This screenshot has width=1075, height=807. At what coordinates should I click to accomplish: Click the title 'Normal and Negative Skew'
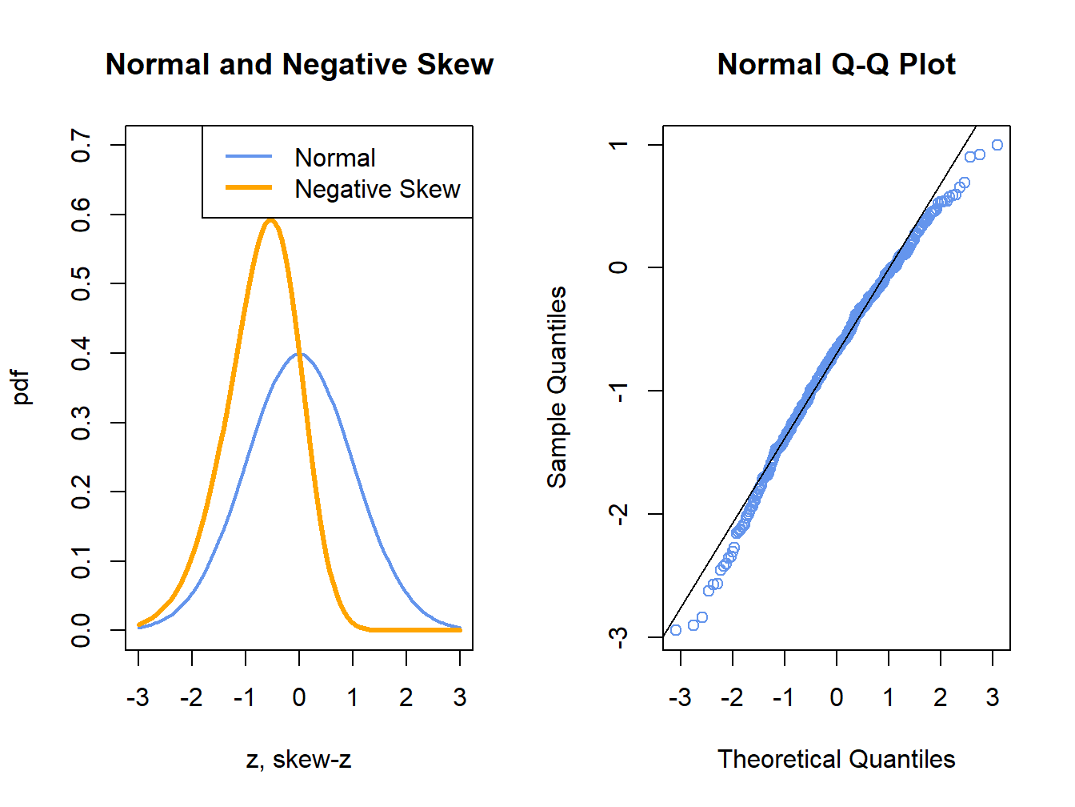(299, 65)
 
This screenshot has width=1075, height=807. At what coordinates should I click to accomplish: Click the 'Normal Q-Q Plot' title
(836, 65)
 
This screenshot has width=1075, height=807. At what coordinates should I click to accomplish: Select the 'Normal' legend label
(334, 158)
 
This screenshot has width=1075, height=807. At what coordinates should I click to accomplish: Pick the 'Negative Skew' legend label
(377, 189)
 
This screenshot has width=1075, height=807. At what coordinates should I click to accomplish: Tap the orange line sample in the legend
(249, 188)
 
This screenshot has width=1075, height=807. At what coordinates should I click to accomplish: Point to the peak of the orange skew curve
(271, 220)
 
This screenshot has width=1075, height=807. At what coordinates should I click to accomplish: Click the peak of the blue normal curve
(299, 353)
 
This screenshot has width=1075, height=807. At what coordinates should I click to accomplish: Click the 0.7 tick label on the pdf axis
(81, 145)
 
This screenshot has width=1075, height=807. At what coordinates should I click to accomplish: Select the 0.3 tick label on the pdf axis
(81, 423)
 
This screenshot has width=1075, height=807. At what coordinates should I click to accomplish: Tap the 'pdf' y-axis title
(22, 387)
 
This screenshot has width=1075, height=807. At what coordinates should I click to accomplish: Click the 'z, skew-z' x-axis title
(298, 759)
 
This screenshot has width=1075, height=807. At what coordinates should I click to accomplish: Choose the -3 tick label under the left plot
(138, 698)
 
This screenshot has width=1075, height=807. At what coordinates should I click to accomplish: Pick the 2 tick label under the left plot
(406, 698)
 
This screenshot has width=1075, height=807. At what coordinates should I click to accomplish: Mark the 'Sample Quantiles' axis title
(557, 387)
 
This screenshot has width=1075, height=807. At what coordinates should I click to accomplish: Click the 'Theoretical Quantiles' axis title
(836, 759)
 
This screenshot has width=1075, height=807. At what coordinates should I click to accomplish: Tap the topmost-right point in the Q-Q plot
(997, 145)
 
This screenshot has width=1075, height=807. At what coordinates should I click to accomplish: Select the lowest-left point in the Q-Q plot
(676, 630)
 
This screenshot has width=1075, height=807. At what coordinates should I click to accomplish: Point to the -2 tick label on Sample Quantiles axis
(618, 513)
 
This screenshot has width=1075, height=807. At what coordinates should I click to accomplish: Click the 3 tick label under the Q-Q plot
(993, 698)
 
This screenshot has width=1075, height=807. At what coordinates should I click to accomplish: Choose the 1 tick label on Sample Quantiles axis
(618, 145)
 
